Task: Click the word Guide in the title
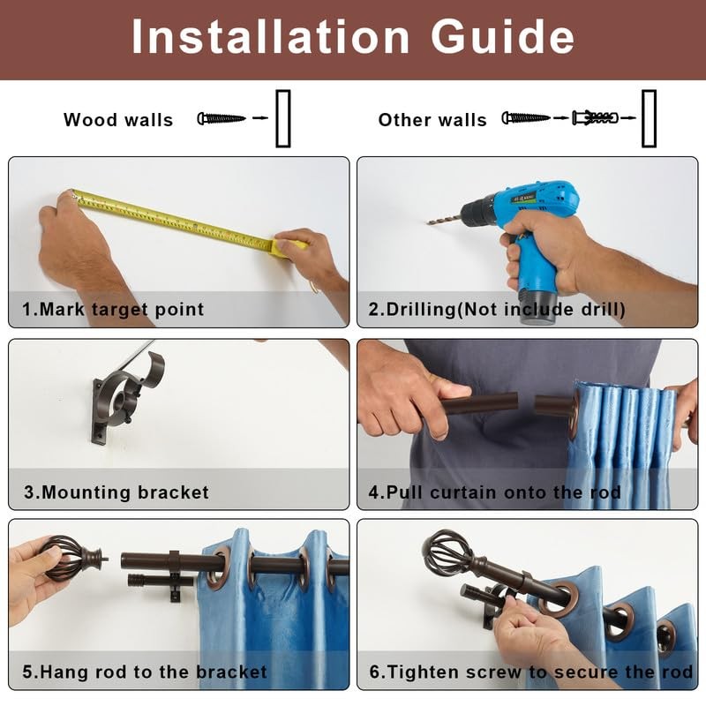point(502,37)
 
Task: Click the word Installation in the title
point(270,37)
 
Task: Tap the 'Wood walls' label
point(118,120)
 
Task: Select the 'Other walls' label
point(432,120)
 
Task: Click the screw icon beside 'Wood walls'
point(222,118)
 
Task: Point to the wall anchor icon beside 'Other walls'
point(595,118)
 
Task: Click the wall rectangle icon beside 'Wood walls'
point(283,118)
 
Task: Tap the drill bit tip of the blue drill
point(428,222)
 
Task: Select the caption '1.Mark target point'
point(113,310)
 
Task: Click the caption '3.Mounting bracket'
point(116,492)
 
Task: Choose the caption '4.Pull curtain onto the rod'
point(495,492)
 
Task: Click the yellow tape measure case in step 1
point(289,248)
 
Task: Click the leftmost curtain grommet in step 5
point(217,568)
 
